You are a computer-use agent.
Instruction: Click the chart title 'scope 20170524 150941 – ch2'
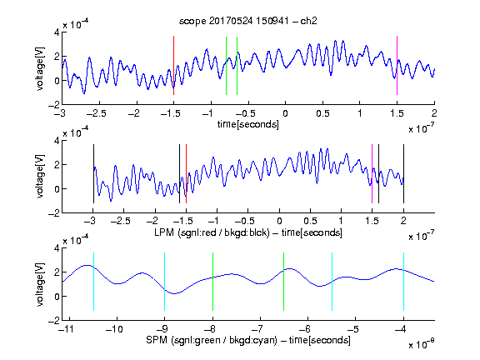[x=248, y=21]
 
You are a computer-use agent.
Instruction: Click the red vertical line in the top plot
[x=173, y=66]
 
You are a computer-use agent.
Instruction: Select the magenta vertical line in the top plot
[x=397, y=66]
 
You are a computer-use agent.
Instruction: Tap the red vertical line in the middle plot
[x=186, y=173]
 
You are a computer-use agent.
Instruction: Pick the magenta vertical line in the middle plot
[x=372, y=173]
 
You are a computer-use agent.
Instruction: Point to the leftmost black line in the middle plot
[x=93, y=173]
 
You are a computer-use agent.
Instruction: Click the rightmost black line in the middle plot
[x=403, y=173]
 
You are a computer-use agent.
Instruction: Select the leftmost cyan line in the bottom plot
[x=93, y=282]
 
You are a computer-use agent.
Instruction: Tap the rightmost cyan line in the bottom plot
[x=403, y=282]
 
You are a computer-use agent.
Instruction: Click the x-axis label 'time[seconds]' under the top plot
[x=248, y=124]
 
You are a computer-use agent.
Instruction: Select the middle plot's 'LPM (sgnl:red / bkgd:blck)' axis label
[x=212, y=232]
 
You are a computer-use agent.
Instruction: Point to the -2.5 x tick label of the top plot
[x=97, y=113]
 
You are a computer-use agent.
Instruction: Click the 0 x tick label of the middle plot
[x=279, y=221]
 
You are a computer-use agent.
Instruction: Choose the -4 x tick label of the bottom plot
[x=401, y=329]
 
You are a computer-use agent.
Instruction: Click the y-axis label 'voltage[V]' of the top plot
[x=40, y=69]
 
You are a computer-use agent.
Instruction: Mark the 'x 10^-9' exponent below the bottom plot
[x=421, y=344]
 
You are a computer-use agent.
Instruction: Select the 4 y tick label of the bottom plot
[x=57, y=248]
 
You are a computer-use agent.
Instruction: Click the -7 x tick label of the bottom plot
[x=258, y=329]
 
